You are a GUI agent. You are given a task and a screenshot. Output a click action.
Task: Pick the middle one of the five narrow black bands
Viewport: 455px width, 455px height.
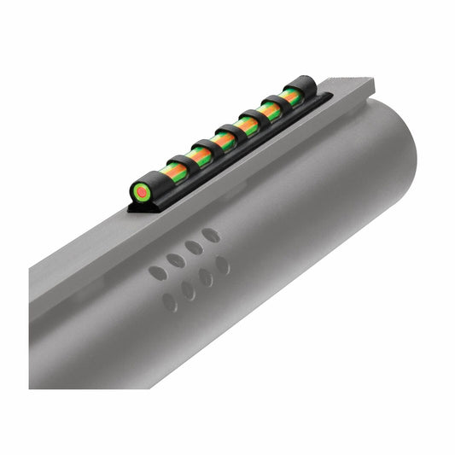pos(229,133)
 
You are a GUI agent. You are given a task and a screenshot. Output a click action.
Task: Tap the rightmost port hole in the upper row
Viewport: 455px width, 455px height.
pos(212,235)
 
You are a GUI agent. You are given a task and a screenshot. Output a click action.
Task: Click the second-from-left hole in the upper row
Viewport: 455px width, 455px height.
pos(175,260)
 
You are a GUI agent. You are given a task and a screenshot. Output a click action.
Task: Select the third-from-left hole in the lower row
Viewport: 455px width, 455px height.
pos(206,277)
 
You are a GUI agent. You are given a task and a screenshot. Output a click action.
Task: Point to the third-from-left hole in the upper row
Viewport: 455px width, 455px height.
pos(194,248)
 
